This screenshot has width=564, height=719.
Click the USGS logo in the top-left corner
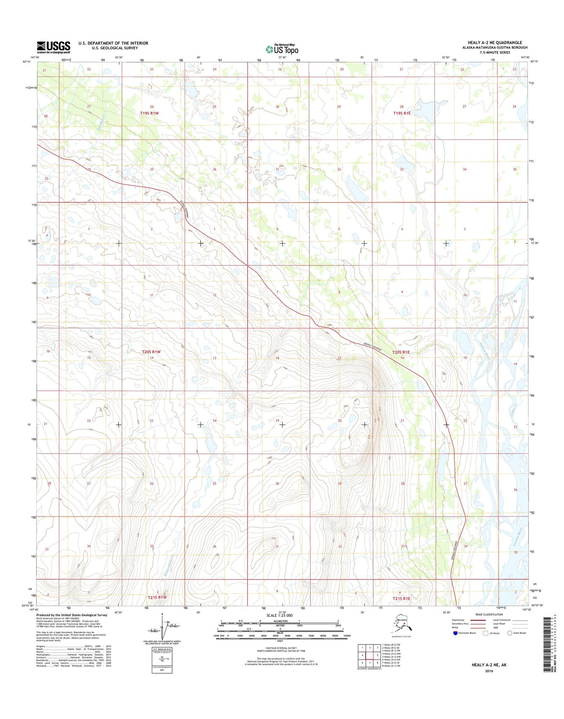tap(53, 47)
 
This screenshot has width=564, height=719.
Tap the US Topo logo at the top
tap(282, 49)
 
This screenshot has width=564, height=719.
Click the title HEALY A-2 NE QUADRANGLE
tap(495, 43)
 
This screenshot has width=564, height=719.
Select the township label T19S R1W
tap(149, 113)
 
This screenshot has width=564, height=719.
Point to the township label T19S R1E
tap(402, 113)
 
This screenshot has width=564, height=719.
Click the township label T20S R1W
tap(151, 352)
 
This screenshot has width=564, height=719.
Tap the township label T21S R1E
tap(402, 598)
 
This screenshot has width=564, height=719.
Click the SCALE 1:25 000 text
tap(279, 616)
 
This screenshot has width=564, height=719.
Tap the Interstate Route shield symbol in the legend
tap(455, 633)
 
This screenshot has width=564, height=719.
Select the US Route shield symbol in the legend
tap(486, 633)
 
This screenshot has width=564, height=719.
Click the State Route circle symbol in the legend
tap(510, 633)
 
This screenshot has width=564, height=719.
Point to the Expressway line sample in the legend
tap(475, 620)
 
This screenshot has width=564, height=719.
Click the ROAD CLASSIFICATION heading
tap(489, 614)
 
